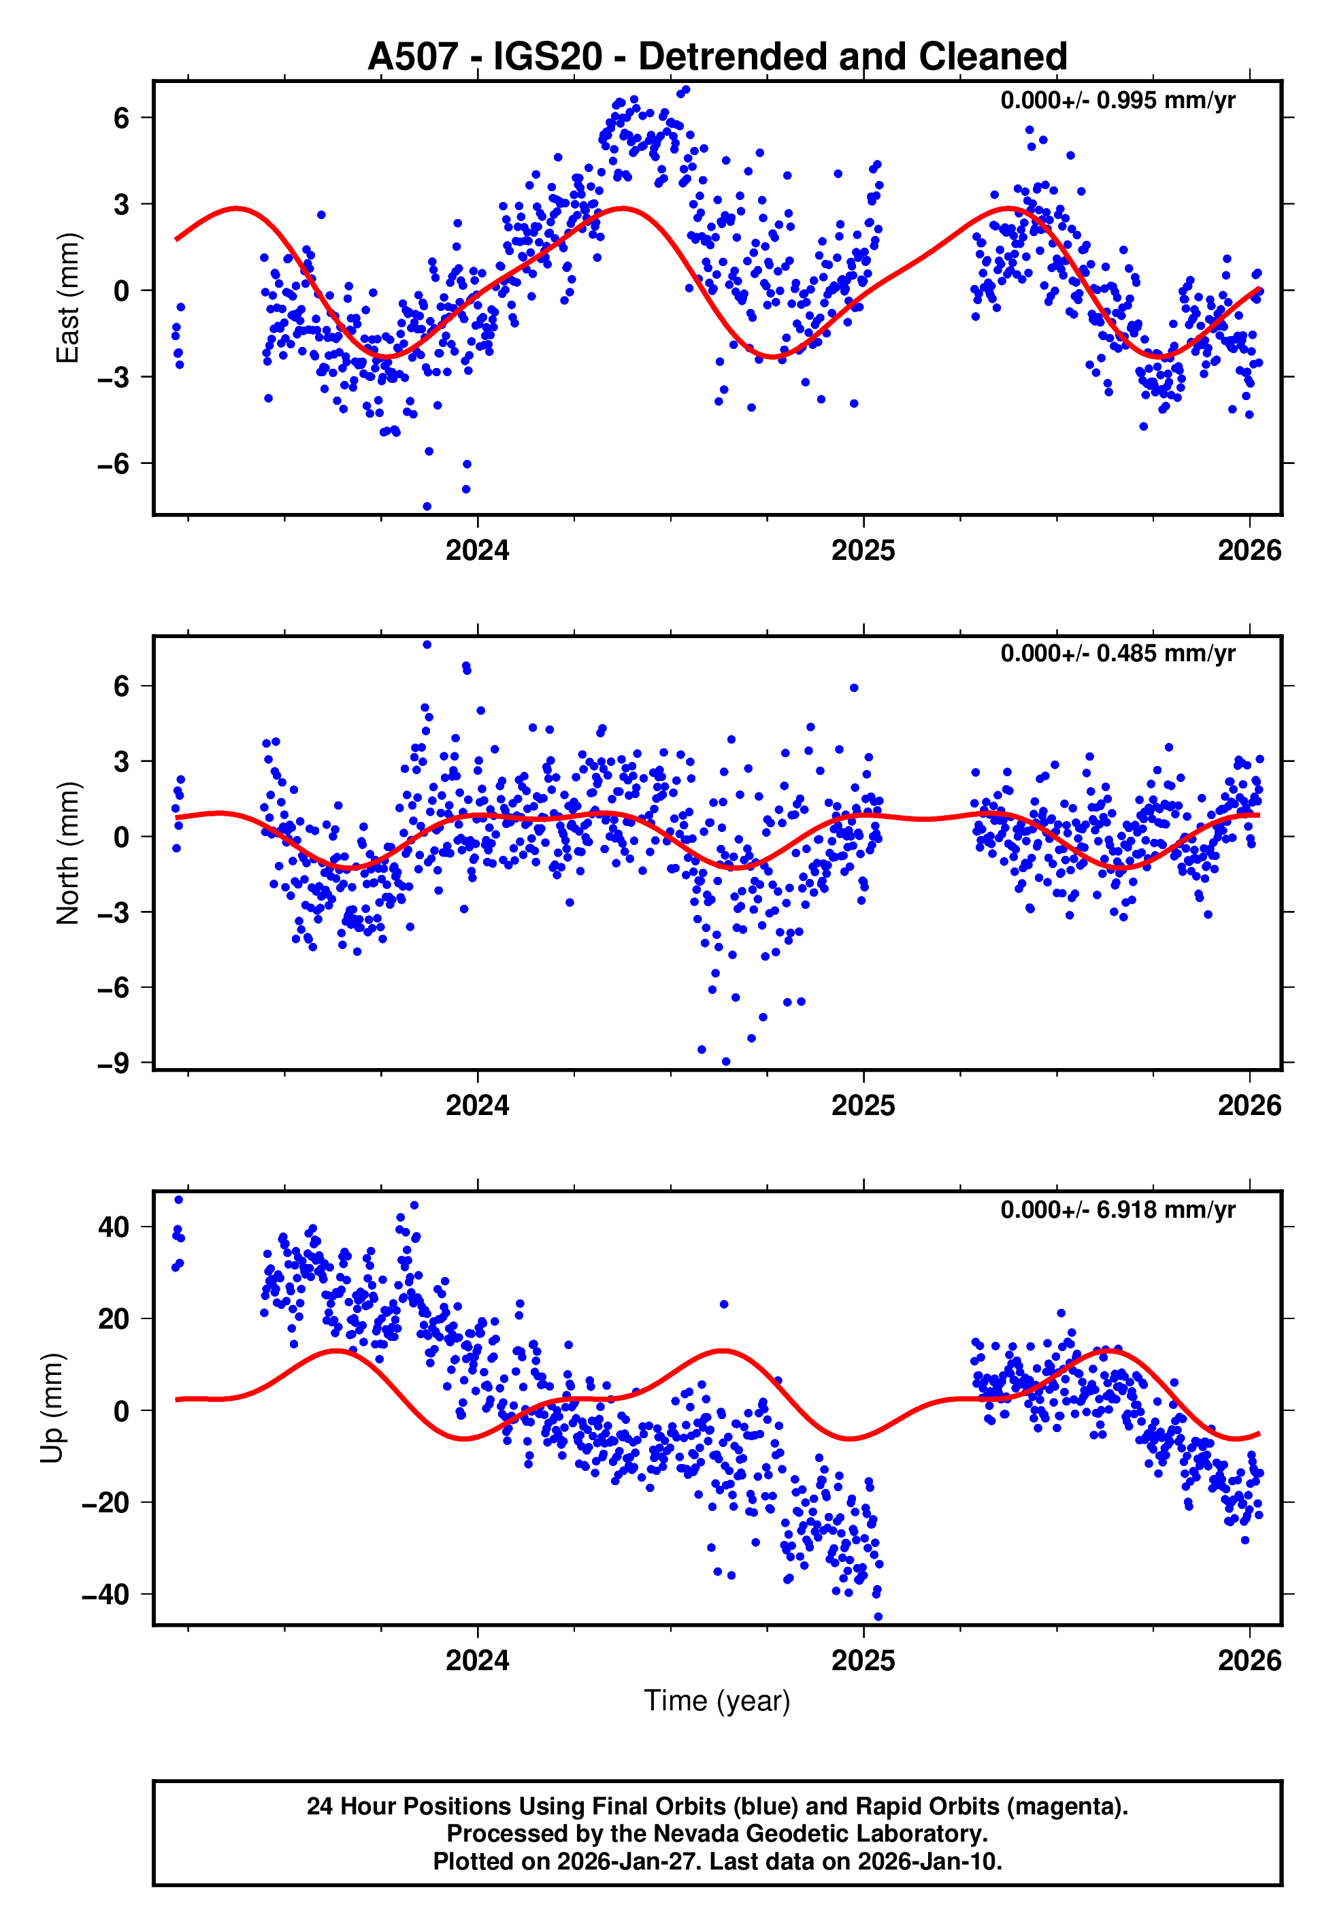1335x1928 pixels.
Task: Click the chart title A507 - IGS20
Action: coord(717,57)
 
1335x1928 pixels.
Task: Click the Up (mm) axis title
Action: coord(52,1408)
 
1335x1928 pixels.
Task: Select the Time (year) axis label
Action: coord(717,1701)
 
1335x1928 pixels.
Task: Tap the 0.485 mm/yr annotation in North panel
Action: coord(1117,653)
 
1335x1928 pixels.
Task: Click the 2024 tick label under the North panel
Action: coord(477,1106)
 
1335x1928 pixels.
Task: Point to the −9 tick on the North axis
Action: coord(113,1063)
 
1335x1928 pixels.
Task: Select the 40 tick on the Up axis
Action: coord(114,1227)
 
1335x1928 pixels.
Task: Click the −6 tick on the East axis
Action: coord(113,463)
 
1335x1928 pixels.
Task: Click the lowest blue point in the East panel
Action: coord(427,507)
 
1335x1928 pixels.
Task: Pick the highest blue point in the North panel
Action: coord(427,645)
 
